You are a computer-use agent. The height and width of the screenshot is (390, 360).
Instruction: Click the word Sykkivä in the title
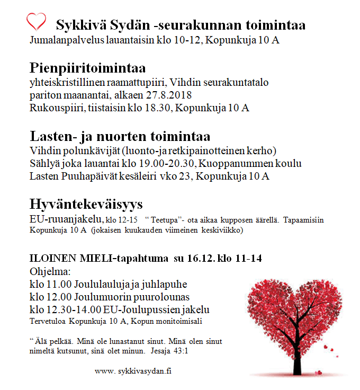pos(79,25)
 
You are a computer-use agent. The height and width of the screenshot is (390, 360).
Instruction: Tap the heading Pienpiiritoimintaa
pos(88,68)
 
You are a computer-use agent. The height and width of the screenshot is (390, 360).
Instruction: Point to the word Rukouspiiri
pos(52,108)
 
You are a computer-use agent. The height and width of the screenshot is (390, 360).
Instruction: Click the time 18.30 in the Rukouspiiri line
pos(160,108)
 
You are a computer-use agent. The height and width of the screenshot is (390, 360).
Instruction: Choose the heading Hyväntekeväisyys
pos(86,205)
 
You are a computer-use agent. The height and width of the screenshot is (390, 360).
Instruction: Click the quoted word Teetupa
pos(163,219)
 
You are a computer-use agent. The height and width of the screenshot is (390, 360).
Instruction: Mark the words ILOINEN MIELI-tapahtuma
pos(98,259)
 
